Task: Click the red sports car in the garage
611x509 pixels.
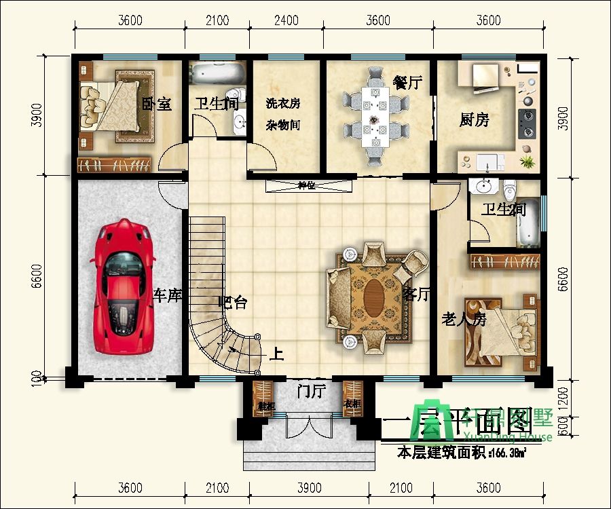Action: click(x=125, y=286)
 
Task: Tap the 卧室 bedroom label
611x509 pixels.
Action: click(x=156, y=105)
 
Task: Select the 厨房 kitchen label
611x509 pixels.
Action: click(x=475, y=121)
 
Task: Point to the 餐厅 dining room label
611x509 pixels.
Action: click(x=407, y=83)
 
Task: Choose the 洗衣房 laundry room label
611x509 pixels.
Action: click(x=283, y=105)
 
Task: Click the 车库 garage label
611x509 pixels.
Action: click(x=166, y=295)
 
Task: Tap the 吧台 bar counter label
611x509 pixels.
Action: click(x=233, y=303)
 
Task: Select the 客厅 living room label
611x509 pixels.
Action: click(x=417, y=294)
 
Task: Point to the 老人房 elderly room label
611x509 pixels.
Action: click(x=464, y=319)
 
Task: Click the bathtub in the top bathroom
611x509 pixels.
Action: click(x=217, y=73)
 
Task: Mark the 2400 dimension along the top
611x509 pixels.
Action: click(x=286, y=20)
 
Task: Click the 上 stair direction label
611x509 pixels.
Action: click(x=276, y=354)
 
